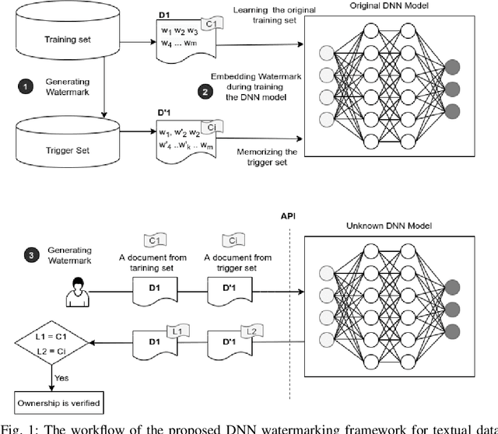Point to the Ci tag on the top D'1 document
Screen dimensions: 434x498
pos(209,126)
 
